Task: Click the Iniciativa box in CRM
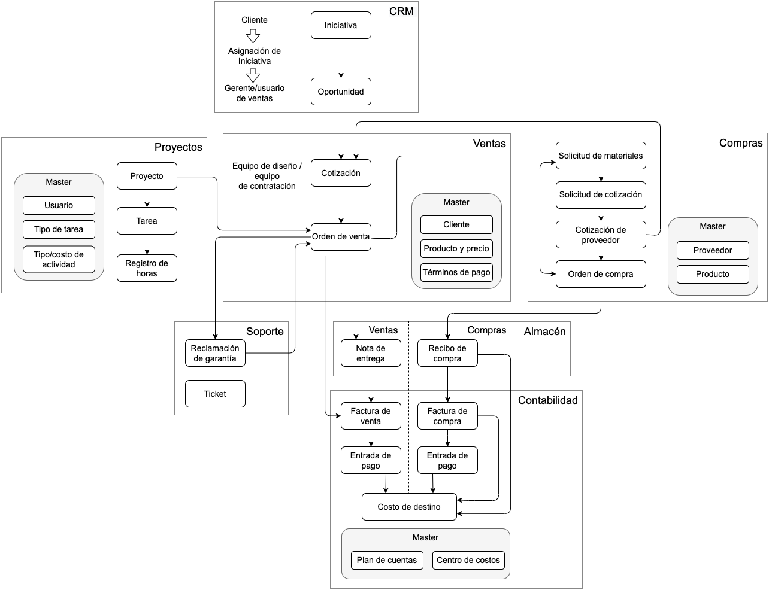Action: [341, 26]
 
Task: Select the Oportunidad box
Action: [341, 92]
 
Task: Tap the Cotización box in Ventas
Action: [341, 173]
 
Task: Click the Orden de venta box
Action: [341, 236]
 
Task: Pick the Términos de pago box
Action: [456, 272]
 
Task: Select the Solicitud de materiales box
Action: [601, 156]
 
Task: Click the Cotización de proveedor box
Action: [601, 235]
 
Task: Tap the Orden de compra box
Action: [601, 274]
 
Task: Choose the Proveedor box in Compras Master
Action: [713, 250]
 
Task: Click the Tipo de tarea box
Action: [59, 229]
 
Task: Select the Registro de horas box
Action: [147, 268]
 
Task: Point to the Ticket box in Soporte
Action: [215, 394]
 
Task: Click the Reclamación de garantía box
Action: [215, 353]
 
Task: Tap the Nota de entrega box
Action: [371, 353]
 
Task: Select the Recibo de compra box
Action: [447, 353]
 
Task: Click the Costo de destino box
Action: [409, 507]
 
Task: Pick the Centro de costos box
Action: [468, 560]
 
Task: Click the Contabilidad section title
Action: [547, 400]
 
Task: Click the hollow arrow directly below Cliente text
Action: [253, 36]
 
